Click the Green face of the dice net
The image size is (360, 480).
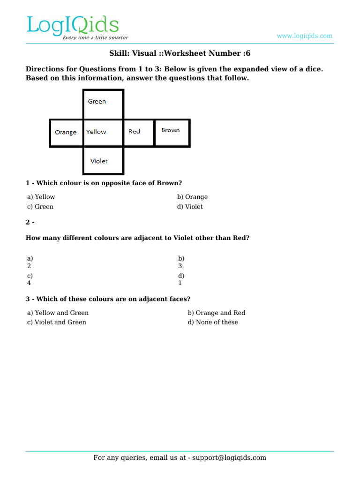[x=103, y=105]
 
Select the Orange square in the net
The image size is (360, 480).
[x=66, y=133]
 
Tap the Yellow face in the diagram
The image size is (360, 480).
[x=103, y=133]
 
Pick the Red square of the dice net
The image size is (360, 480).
[x=138, y=133]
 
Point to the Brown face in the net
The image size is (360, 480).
[x=172, y=133]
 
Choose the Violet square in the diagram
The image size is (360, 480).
[x=103, y=161]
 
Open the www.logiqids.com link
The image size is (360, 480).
[x=304, y=36]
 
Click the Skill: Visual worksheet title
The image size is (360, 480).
[x=180, y=53]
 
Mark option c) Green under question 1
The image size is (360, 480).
[x=40, y=207]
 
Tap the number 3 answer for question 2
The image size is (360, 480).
[x=180, y=266]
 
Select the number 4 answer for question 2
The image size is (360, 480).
[x=29, y=283]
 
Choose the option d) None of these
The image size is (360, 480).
[x=213, y=322]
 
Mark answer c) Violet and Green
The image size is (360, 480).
[x=57, y=322]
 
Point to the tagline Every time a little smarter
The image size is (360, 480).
[x=95, y=37]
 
